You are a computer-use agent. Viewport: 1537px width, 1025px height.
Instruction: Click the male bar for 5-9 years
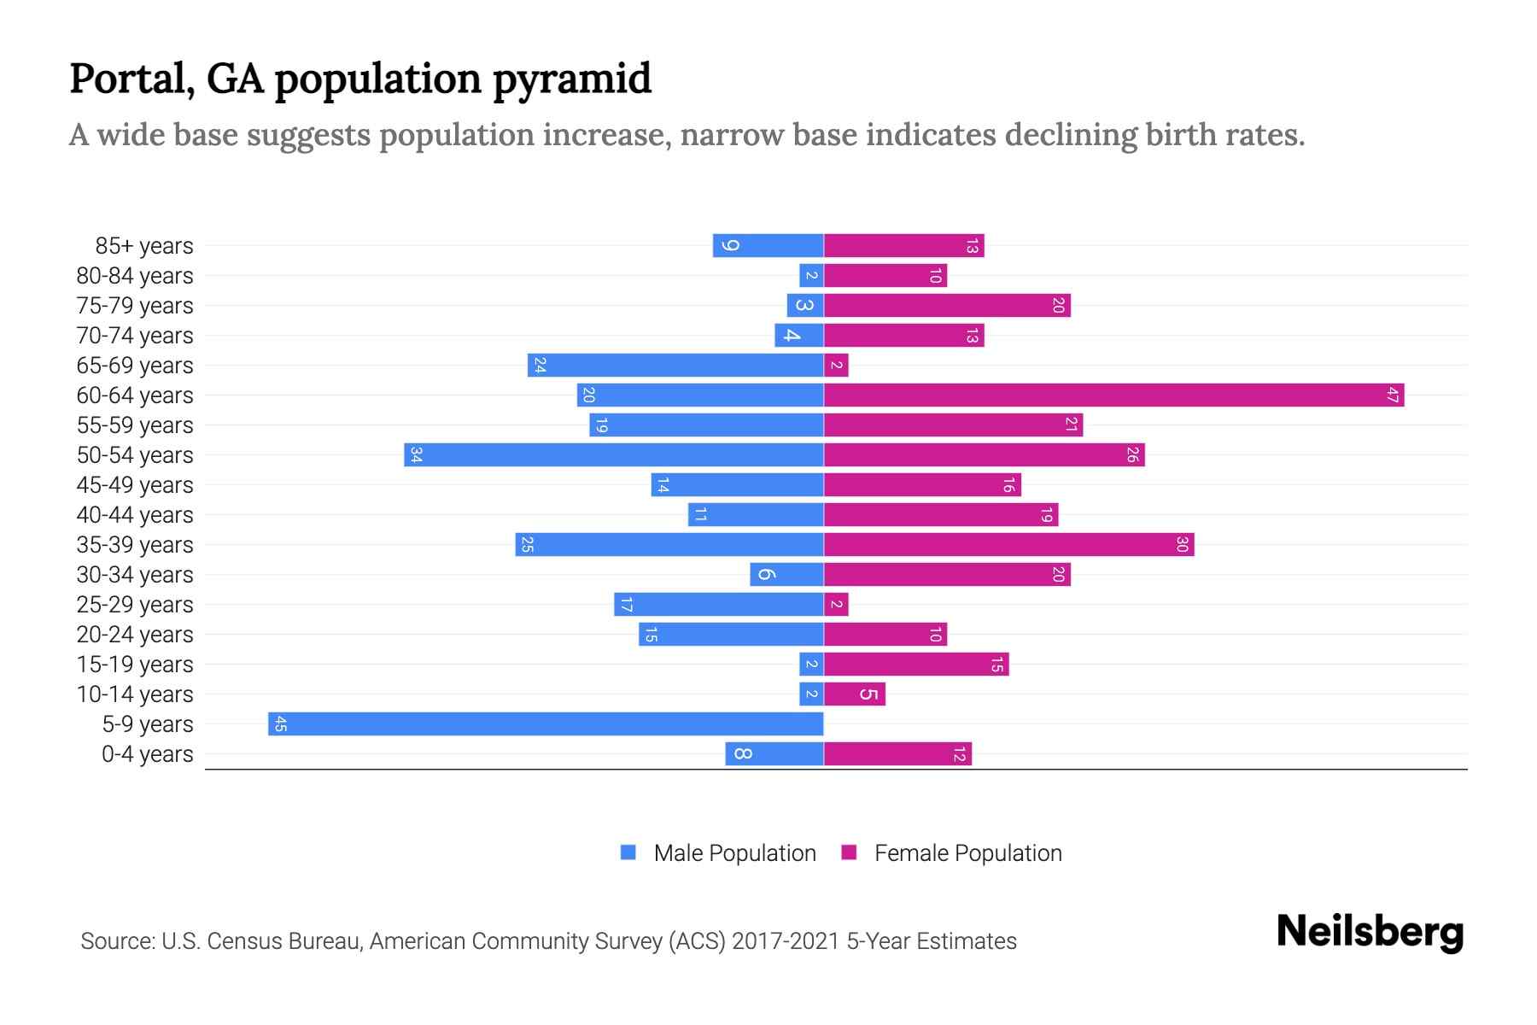tap(546, 723)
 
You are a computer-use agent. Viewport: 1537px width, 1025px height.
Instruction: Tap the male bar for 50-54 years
tap(615, 454)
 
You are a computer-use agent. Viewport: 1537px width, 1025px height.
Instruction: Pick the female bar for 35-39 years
tap(1008, 544)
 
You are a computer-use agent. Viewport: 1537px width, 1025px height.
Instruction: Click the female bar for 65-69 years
tap(836, 365)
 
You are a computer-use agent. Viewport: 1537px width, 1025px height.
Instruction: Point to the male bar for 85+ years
tap(768, 245)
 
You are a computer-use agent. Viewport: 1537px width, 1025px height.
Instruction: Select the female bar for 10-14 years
tap(855, 694)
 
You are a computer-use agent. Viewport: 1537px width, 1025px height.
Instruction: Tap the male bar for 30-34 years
tap(787, 574)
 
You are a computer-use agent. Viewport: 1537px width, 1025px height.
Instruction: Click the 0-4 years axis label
tap(147, 754)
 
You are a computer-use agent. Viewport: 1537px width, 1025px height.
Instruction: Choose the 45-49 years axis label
tap(135, 485)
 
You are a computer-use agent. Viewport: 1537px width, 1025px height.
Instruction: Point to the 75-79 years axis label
tap(135, 306)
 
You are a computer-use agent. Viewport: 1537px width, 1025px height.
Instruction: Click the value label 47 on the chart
tap(1393, 395)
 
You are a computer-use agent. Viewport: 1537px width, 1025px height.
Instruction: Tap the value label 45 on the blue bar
tap(280, 724)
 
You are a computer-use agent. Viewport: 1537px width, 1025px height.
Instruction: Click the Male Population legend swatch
tap(628, 852)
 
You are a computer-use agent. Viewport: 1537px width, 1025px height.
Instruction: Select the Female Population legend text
tap(967, 852)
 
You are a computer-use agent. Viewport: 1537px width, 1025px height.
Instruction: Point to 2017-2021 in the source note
tap(786, 941)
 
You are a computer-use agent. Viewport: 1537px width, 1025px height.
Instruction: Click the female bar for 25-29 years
tap(836, 604)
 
